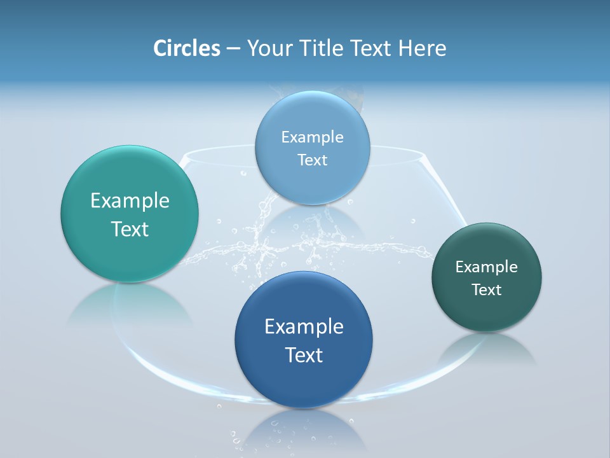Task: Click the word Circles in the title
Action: (186, 48)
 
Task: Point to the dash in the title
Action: (233, 49)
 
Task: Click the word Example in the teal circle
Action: (130, 201)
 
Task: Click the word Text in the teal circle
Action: (130, 229)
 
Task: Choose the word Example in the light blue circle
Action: (312, 137)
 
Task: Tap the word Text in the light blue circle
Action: (312, 160)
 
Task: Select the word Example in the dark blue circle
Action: (304, 327)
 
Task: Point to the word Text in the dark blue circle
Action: (304, 355)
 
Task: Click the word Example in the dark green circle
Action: (487, 267)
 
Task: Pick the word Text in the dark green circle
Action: (487, 290)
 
